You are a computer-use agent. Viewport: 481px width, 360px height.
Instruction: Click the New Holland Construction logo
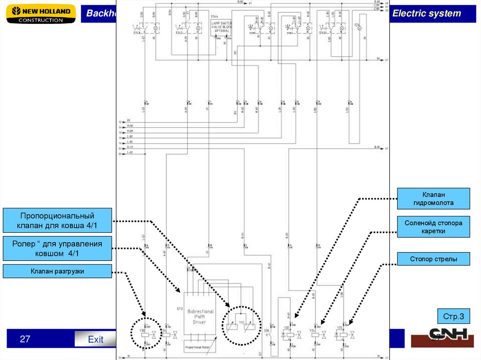tap(41, 14)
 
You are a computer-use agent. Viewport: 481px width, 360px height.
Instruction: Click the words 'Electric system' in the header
tap(427, 14)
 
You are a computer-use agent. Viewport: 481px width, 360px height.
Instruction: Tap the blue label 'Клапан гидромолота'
tap(433, 199)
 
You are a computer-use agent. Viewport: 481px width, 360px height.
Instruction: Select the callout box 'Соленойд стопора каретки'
tap(433, 227)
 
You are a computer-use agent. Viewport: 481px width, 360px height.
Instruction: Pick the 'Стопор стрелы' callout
tap(433, 259)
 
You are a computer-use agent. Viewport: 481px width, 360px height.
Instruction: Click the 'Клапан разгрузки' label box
tap(57, 271)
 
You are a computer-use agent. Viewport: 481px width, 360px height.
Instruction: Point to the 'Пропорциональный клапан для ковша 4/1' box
tap(57, 221)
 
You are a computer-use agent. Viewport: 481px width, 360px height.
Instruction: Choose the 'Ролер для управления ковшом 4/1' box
tap(57, 248)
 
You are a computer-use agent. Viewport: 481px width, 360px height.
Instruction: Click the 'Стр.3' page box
tap(453, 317)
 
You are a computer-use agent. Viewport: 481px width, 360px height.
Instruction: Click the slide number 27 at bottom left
tap(24, 338)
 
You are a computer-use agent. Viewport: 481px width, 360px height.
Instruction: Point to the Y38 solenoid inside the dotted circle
tap(145, 330)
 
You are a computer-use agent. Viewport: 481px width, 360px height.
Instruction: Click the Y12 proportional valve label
tap(241, 323)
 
